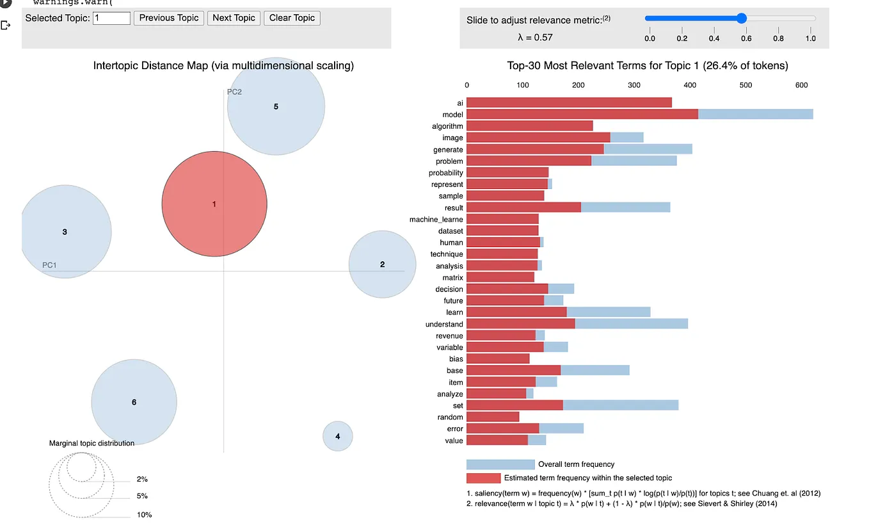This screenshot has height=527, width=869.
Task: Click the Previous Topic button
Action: coord(169,18)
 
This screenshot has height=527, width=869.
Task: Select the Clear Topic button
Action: coord(292,18)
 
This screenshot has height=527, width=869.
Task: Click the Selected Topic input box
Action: coord(111,18)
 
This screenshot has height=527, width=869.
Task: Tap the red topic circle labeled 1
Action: coord(214,204)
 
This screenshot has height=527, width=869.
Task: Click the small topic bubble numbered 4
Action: coord(337,437)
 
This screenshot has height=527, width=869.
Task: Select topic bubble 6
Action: coord(134,402)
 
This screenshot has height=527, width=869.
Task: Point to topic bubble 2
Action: coord(382,264)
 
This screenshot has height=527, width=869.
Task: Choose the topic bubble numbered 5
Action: coord(276,106)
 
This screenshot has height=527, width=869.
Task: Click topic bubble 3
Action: coord(65,232)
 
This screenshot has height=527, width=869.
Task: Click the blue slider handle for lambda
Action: coord(742,19)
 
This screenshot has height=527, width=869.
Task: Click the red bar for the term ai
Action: coord(569,102)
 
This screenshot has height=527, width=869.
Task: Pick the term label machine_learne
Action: coord(436,220)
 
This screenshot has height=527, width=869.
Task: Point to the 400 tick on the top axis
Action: coord(690,85)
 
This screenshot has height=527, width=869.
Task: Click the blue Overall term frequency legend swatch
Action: coord(500,464)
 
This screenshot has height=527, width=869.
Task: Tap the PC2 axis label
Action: coord(234,92)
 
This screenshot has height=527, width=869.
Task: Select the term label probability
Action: coord(446,173)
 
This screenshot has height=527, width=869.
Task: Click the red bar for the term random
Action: coord(493,417)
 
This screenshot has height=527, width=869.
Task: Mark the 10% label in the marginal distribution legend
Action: coord(144,515)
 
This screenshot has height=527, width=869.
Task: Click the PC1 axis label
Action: coord(49,264)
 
